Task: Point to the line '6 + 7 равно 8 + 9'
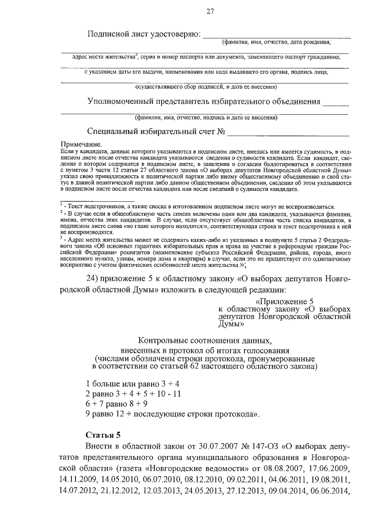point(116,403)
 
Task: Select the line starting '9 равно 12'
point(172,414)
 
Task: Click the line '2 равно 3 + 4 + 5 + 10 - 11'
point(133,393)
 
